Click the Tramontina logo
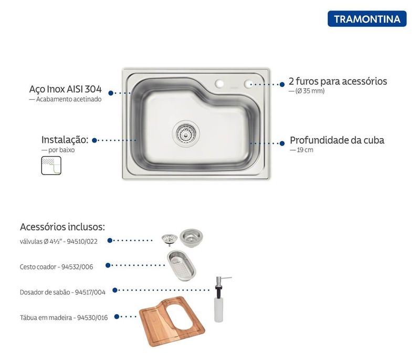(367, 19)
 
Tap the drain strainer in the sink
(186, 133)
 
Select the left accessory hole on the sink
(219, 84)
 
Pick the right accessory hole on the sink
(248, 84)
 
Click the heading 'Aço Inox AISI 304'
(65, 89)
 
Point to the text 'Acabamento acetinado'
(69, 99)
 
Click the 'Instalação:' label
(65, 140)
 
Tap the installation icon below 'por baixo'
(51, 166)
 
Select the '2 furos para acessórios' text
(338, 81)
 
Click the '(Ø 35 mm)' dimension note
(310, 91)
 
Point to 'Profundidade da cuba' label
(337, 140)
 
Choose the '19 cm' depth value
(305, 150)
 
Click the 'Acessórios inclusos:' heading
(62, 227)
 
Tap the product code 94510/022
(82, 242)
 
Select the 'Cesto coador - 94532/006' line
(56, 267)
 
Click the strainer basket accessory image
(181, 265)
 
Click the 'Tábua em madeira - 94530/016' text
(64, 317)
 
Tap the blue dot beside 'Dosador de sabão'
(115, 290)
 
